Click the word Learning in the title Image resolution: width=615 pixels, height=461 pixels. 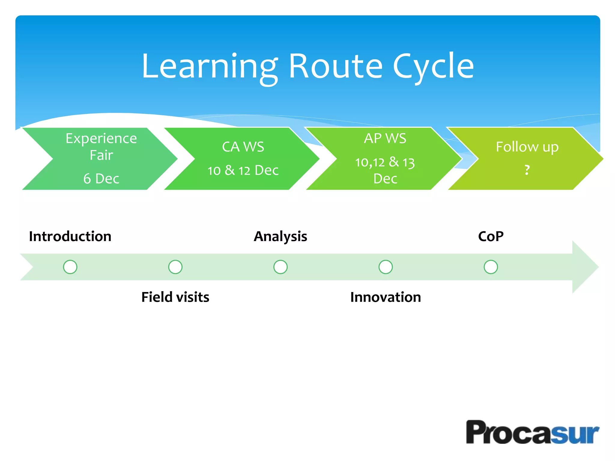[209, 67]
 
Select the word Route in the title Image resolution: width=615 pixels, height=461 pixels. [335, 67]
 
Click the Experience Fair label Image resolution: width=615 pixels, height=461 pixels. [101, 146]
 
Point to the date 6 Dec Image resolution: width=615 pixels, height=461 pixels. [101, 179]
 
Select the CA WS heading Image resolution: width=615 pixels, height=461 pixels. [243, 147]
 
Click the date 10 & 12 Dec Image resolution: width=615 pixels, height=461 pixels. [243, 170]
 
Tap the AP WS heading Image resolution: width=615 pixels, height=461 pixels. [385, 138]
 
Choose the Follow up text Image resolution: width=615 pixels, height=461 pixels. [527, 147]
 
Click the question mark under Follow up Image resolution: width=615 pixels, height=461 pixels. [527, 170]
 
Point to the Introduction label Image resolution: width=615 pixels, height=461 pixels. [70, 237]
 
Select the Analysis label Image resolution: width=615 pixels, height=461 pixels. [280, 237]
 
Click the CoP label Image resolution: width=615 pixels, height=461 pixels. [491, 237]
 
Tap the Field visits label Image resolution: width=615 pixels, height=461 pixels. [175, 297]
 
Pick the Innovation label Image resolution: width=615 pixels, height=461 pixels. [386, 297]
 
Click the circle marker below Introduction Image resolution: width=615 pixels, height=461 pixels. [70, 267]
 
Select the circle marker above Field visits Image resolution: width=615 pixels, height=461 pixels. [175, 267]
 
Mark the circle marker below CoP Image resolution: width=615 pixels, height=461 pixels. [491, 267]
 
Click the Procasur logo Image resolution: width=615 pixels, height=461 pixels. [532, 432]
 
